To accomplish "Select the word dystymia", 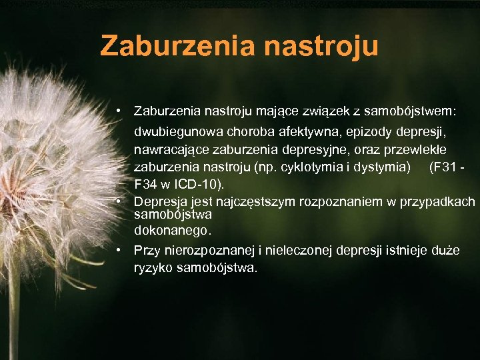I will click(x=381, y=165).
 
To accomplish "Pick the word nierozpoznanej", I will click(x=210, y=251).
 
